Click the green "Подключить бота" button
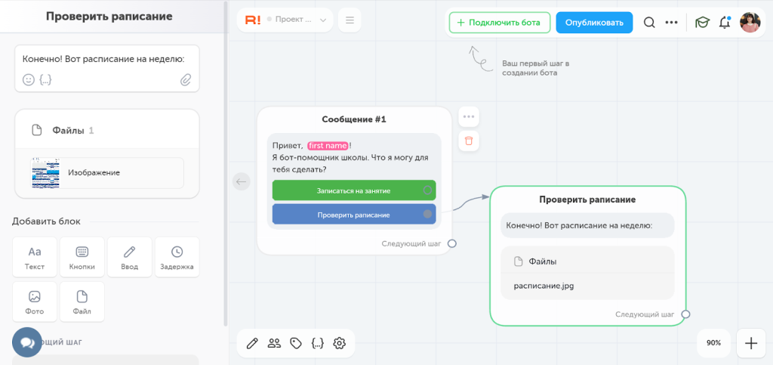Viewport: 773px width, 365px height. [500, 23]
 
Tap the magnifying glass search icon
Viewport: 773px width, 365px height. [649, 23]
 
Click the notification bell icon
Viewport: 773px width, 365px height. [724, 23]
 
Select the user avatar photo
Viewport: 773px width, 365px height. [750, 23]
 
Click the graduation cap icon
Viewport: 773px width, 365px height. [702, 23]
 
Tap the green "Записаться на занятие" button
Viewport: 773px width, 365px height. [354, 190]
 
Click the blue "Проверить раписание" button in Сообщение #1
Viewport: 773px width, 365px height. [354, 215]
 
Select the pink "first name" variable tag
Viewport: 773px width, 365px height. [328, 146]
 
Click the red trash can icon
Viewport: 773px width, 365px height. [469, 141]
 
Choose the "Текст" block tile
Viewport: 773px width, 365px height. [35, 257]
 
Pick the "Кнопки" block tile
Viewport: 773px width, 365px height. [82, 257]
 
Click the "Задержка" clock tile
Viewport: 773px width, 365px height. [177, 257]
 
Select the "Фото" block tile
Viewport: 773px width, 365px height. [35, 302]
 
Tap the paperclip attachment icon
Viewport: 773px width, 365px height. [186, 79]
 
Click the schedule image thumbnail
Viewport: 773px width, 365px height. [45, 173]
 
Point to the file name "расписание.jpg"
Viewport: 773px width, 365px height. [544, 286]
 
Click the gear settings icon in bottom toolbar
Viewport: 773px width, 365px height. [339, 343]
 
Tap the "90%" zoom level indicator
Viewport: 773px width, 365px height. [714, 343]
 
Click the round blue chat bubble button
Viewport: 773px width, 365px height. [27, 342]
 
